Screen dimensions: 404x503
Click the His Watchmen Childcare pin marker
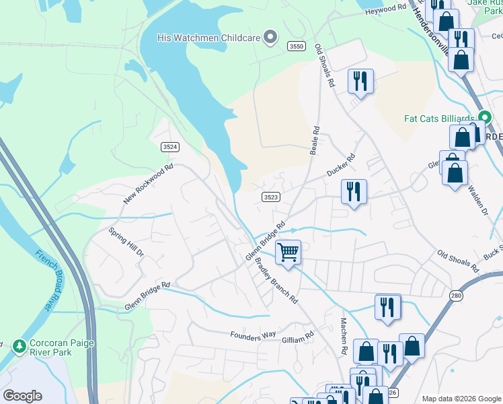tap(270, 38)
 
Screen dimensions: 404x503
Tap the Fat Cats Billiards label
tap(439, 119)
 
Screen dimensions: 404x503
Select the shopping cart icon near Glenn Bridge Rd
tap(288, 253)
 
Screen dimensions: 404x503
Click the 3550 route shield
tap(296, 46)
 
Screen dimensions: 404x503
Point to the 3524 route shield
tap(171, 146)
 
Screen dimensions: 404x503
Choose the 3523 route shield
tap(270, 197)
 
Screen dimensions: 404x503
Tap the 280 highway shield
tap(456, 296)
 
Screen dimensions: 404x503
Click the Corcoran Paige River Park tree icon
tap(20, 346)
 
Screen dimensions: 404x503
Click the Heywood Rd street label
tap(385, 9)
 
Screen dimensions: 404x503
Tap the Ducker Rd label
tap(340, 166)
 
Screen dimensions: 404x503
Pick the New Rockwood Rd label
tap(149, 184)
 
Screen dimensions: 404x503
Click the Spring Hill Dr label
tap(126, 242)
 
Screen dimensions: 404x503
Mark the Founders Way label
tap(253, 335)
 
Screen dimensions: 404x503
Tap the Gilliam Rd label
tap(298, 335)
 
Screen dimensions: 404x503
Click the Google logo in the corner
tap(22, 395)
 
